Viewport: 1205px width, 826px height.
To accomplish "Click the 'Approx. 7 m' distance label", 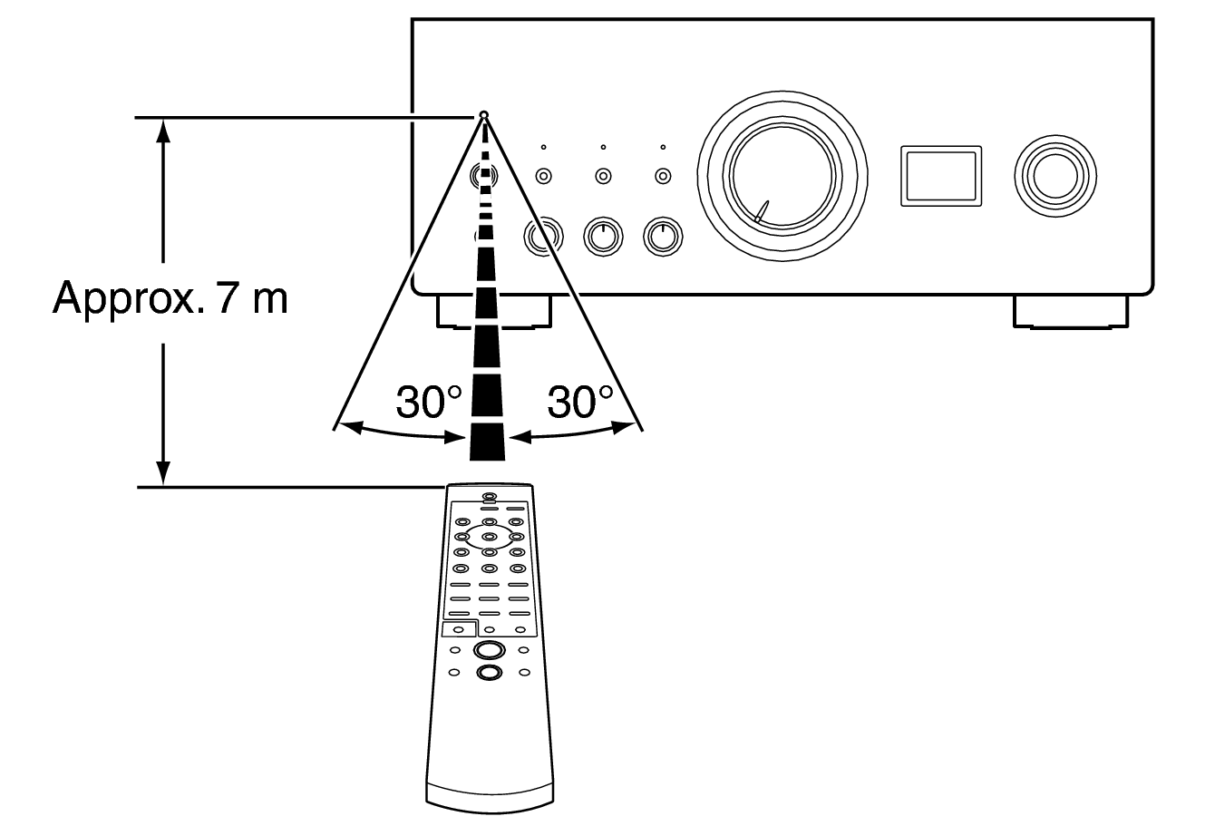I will coord(170,296).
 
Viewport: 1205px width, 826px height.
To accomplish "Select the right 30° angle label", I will coord(580,402).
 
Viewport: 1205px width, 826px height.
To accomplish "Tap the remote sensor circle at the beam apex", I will coord(484,115).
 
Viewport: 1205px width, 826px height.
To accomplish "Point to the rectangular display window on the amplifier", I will coord(940,174).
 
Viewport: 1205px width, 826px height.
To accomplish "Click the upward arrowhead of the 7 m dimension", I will coord(163,129).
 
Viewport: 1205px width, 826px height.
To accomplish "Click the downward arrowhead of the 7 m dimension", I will coord(163,474).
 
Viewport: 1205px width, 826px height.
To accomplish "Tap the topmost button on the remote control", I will coord(490,497).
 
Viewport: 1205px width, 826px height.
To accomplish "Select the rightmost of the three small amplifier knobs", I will coord(663,236).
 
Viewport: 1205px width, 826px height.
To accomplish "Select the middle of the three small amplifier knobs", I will coord(601,236).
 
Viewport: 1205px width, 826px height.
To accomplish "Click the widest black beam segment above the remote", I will coord(487,443).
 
